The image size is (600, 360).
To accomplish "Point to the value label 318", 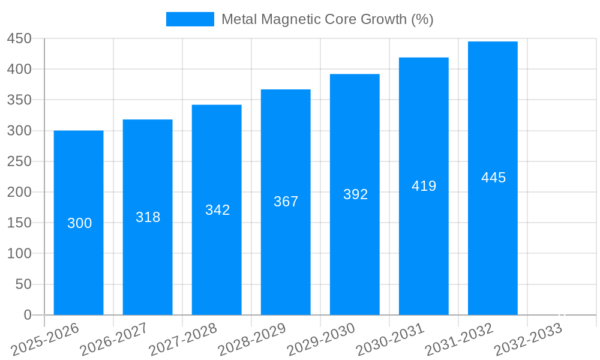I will coord(148,217).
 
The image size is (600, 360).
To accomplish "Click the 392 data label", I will coord(355,194).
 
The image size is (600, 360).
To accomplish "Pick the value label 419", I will coord(424,186).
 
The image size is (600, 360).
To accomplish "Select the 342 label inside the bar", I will coord(217,210).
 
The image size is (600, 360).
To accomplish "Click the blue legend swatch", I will coord(190,19).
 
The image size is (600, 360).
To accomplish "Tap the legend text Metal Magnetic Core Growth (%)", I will coord(327,19).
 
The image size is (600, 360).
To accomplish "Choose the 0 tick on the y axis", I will coord(27,315).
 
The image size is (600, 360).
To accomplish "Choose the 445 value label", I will coord(493,178).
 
